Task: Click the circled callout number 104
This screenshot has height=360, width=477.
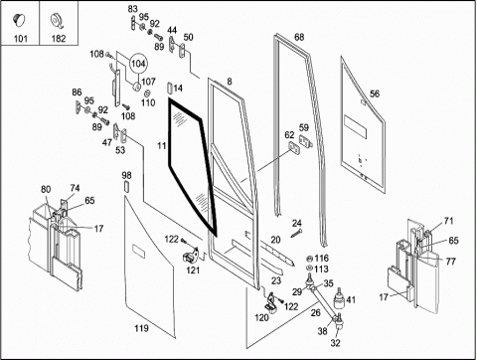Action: pos(138,63)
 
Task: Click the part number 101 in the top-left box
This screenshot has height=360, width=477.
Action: pos(20,39)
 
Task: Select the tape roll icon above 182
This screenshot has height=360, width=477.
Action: pos(58,22)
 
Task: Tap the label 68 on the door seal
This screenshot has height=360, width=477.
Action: pos(299,37)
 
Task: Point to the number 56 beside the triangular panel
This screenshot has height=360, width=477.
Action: pos(375,93)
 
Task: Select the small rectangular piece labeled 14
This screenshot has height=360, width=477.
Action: pos(170,89)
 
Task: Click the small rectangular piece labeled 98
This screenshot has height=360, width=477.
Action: pos(126,186)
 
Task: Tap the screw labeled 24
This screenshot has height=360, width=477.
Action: pos(296,234)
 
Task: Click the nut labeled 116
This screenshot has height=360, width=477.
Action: pos(310,259)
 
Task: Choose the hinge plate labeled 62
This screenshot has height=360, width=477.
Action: pos(294,147)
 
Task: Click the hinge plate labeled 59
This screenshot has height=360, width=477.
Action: pos(306,141)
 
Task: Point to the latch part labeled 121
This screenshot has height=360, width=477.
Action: pos(191,256)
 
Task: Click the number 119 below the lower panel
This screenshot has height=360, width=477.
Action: pos(141,328)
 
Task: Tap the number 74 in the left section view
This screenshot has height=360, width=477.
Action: pos(75,188)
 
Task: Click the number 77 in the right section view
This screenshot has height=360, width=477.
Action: pos(450,262)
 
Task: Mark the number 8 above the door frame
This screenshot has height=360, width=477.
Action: pos(230,82)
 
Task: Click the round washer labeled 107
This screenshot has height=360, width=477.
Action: pos(136,87)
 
